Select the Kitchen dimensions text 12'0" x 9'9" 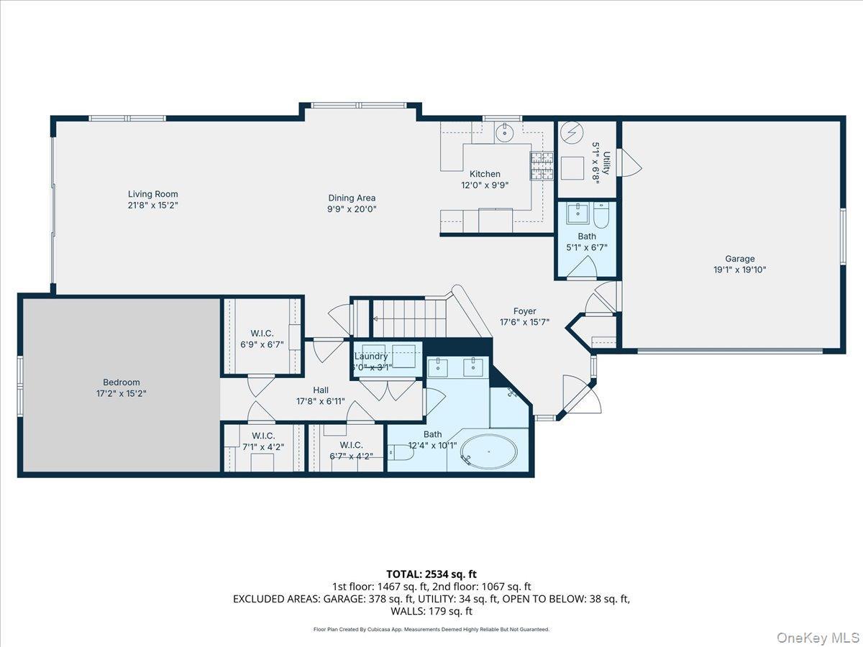coord(485,185)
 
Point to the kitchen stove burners coord(542,166)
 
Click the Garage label coord(739,259)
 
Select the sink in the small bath coord(577,214)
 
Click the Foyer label coord(524,311)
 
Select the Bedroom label coord(122,382)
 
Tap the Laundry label coord(371,356)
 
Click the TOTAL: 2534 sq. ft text coord(431,574)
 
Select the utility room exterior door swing coord(630,162)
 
